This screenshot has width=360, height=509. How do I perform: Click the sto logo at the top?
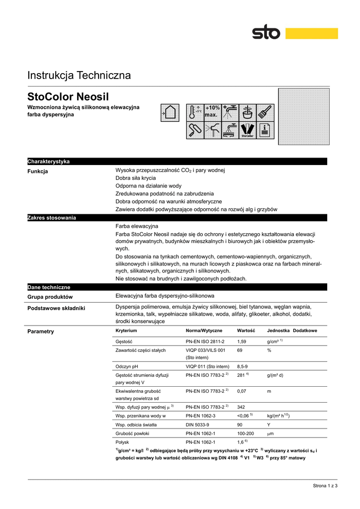tap(266, 33)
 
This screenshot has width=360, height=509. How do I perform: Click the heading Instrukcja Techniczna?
tap(79, 76)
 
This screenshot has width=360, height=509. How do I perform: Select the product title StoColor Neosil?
tap(68, 96)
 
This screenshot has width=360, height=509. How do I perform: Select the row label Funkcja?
tap(38, 171)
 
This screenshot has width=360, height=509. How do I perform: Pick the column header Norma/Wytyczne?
tap(204, 331)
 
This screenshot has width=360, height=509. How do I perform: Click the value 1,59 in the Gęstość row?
tap(242, 341)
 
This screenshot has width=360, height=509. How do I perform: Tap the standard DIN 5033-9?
tap(197, 425)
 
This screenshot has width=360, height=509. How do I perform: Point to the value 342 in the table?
tap(242, 407)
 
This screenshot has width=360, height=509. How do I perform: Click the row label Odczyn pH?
tap(126, 366)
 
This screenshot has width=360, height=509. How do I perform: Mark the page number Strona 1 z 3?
tap(325, 486)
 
